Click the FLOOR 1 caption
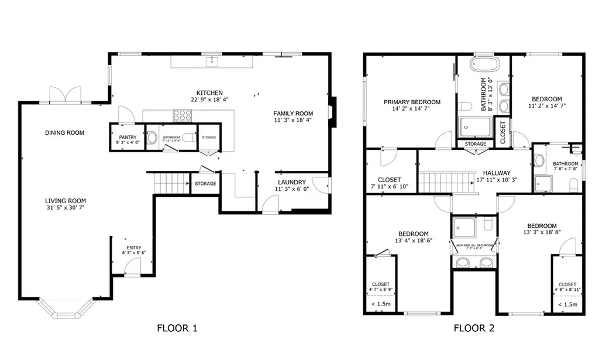tap(177, 328)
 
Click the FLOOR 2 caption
tap(474, 328)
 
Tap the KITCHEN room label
tap(209, 92)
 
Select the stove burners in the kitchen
tap(182, 116)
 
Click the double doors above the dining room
tap(65, 95)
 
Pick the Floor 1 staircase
tap(170, 183)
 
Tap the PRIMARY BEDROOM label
tap(412, 102)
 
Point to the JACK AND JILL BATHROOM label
tap(474, 245)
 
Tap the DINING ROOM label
tap(64, 133)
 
